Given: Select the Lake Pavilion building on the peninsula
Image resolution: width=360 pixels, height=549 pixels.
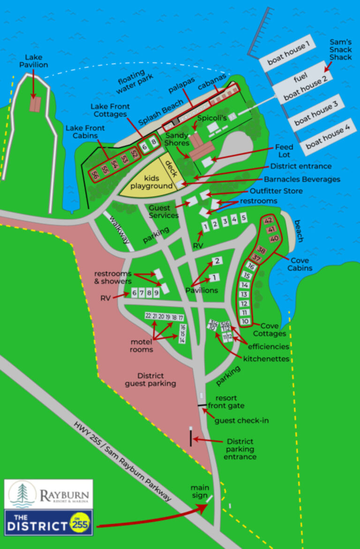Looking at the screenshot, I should [34, 104].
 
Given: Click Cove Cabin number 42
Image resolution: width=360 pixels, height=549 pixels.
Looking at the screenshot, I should [269, 220].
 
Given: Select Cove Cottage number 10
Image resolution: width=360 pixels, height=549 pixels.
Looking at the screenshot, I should [245, 321].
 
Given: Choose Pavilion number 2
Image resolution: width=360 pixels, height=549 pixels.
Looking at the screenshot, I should [217, 261].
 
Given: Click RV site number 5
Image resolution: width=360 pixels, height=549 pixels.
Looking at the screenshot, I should [244, 218].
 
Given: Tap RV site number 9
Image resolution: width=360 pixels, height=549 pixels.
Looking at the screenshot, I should [157, 293].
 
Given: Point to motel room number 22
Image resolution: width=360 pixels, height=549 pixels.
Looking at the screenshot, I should [148, 316].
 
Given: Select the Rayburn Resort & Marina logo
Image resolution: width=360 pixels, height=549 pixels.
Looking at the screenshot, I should [49, 494].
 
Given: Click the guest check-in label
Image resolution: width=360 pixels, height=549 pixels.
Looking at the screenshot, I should [241, 421].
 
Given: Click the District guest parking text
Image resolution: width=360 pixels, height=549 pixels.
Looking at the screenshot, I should [150, 380].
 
